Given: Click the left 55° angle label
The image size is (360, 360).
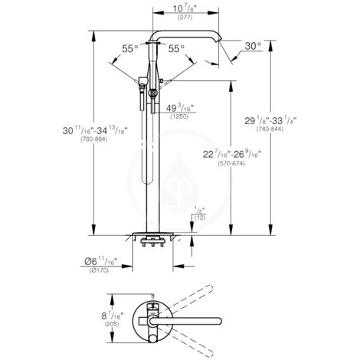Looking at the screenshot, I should [x=130, y=48].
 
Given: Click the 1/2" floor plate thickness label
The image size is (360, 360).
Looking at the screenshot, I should [x=200, y=211].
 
